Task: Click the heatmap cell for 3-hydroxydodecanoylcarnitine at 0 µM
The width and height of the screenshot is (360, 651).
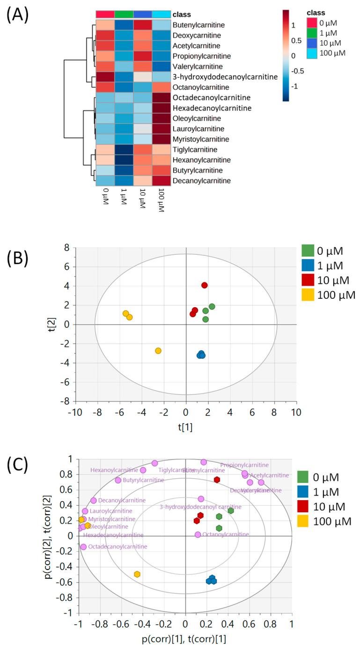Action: coord(105,77)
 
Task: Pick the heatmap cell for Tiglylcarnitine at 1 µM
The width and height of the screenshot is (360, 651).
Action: coord(124,149)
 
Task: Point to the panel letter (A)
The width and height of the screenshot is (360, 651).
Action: coord(17,15)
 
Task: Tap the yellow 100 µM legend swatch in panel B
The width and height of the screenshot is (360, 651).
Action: coord(308,295)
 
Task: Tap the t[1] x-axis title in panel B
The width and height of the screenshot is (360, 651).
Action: coord(186,428)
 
